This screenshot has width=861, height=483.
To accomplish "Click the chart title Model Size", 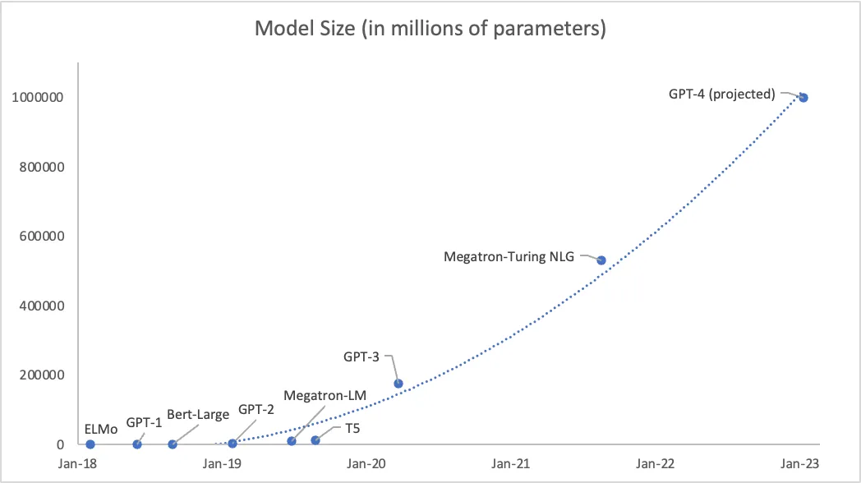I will coord(430,29).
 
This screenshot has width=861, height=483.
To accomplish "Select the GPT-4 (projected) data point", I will coord(803,98).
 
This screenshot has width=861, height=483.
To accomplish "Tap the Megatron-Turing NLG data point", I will coord(601,260).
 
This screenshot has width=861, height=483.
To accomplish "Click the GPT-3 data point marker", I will coord(398,383).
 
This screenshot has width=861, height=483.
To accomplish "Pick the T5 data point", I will coord(315,440).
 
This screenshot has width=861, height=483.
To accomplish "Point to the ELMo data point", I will coord(90,444).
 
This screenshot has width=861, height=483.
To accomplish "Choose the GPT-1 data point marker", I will coord(137,444).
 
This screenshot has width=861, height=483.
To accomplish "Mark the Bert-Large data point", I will coord(173,444).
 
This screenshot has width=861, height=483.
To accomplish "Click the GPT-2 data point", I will coord(233,444).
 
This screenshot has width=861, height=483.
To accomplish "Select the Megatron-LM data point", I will coord(292,441).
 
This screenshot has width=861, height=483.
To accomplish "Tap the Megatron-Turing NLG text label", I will coord(509,256).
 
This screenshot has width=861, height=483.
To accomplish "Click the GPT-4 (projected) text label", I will coord(722,94).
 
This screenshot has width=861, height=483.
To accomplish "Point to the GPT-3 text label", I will coord(361,357).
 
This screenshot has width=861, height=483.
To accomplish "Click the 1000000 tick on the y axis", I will coord(39,98).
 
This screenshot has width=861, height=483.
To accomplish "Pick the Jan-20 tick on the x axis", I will coord(367,464).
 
